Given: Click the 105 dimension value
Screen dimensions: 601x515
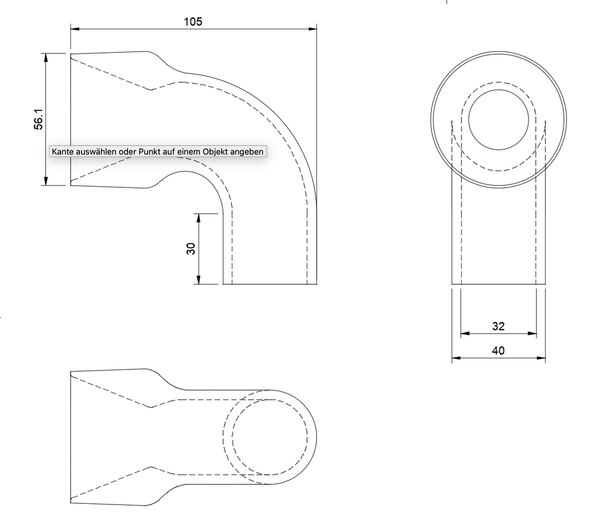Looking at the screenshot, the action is coord(193,22).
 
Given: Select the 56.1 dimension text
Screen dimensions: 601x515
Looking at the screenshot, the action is coord(39,119).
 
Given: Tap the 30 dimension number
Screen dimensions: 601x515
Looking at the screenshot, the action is coord(191,249).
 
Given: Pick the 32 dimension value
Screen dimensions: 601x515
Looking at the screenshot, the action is coord(498,326).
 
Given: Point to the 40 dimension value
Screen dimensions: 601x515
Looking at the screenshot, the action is coord(498,351).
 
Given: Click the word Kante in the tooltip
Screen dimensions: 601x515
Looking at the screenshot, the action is coord(63,152).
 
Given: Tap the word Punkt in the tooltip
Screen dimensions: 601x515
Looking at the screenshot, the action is coord(149,152).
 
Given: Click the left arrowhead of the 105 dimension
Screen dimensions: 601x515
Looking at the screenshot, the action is coord(75,29).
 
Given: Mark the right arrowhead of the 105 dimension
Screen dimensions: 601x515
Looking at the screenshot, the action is coord(312,29).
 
